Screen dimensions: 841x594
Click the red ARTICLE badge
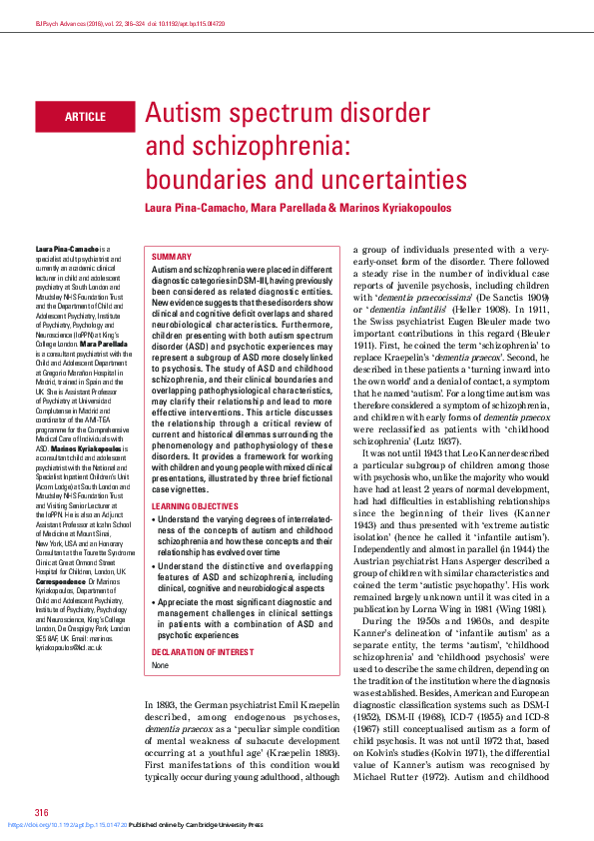pyautogui.click(x=85, y=117)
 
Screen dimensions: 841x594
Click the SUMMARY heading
pyautogui.click(x=171, y=257)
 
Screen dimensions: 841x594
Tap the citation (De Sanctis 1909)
pyautogui.click(x=519, y=297)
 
